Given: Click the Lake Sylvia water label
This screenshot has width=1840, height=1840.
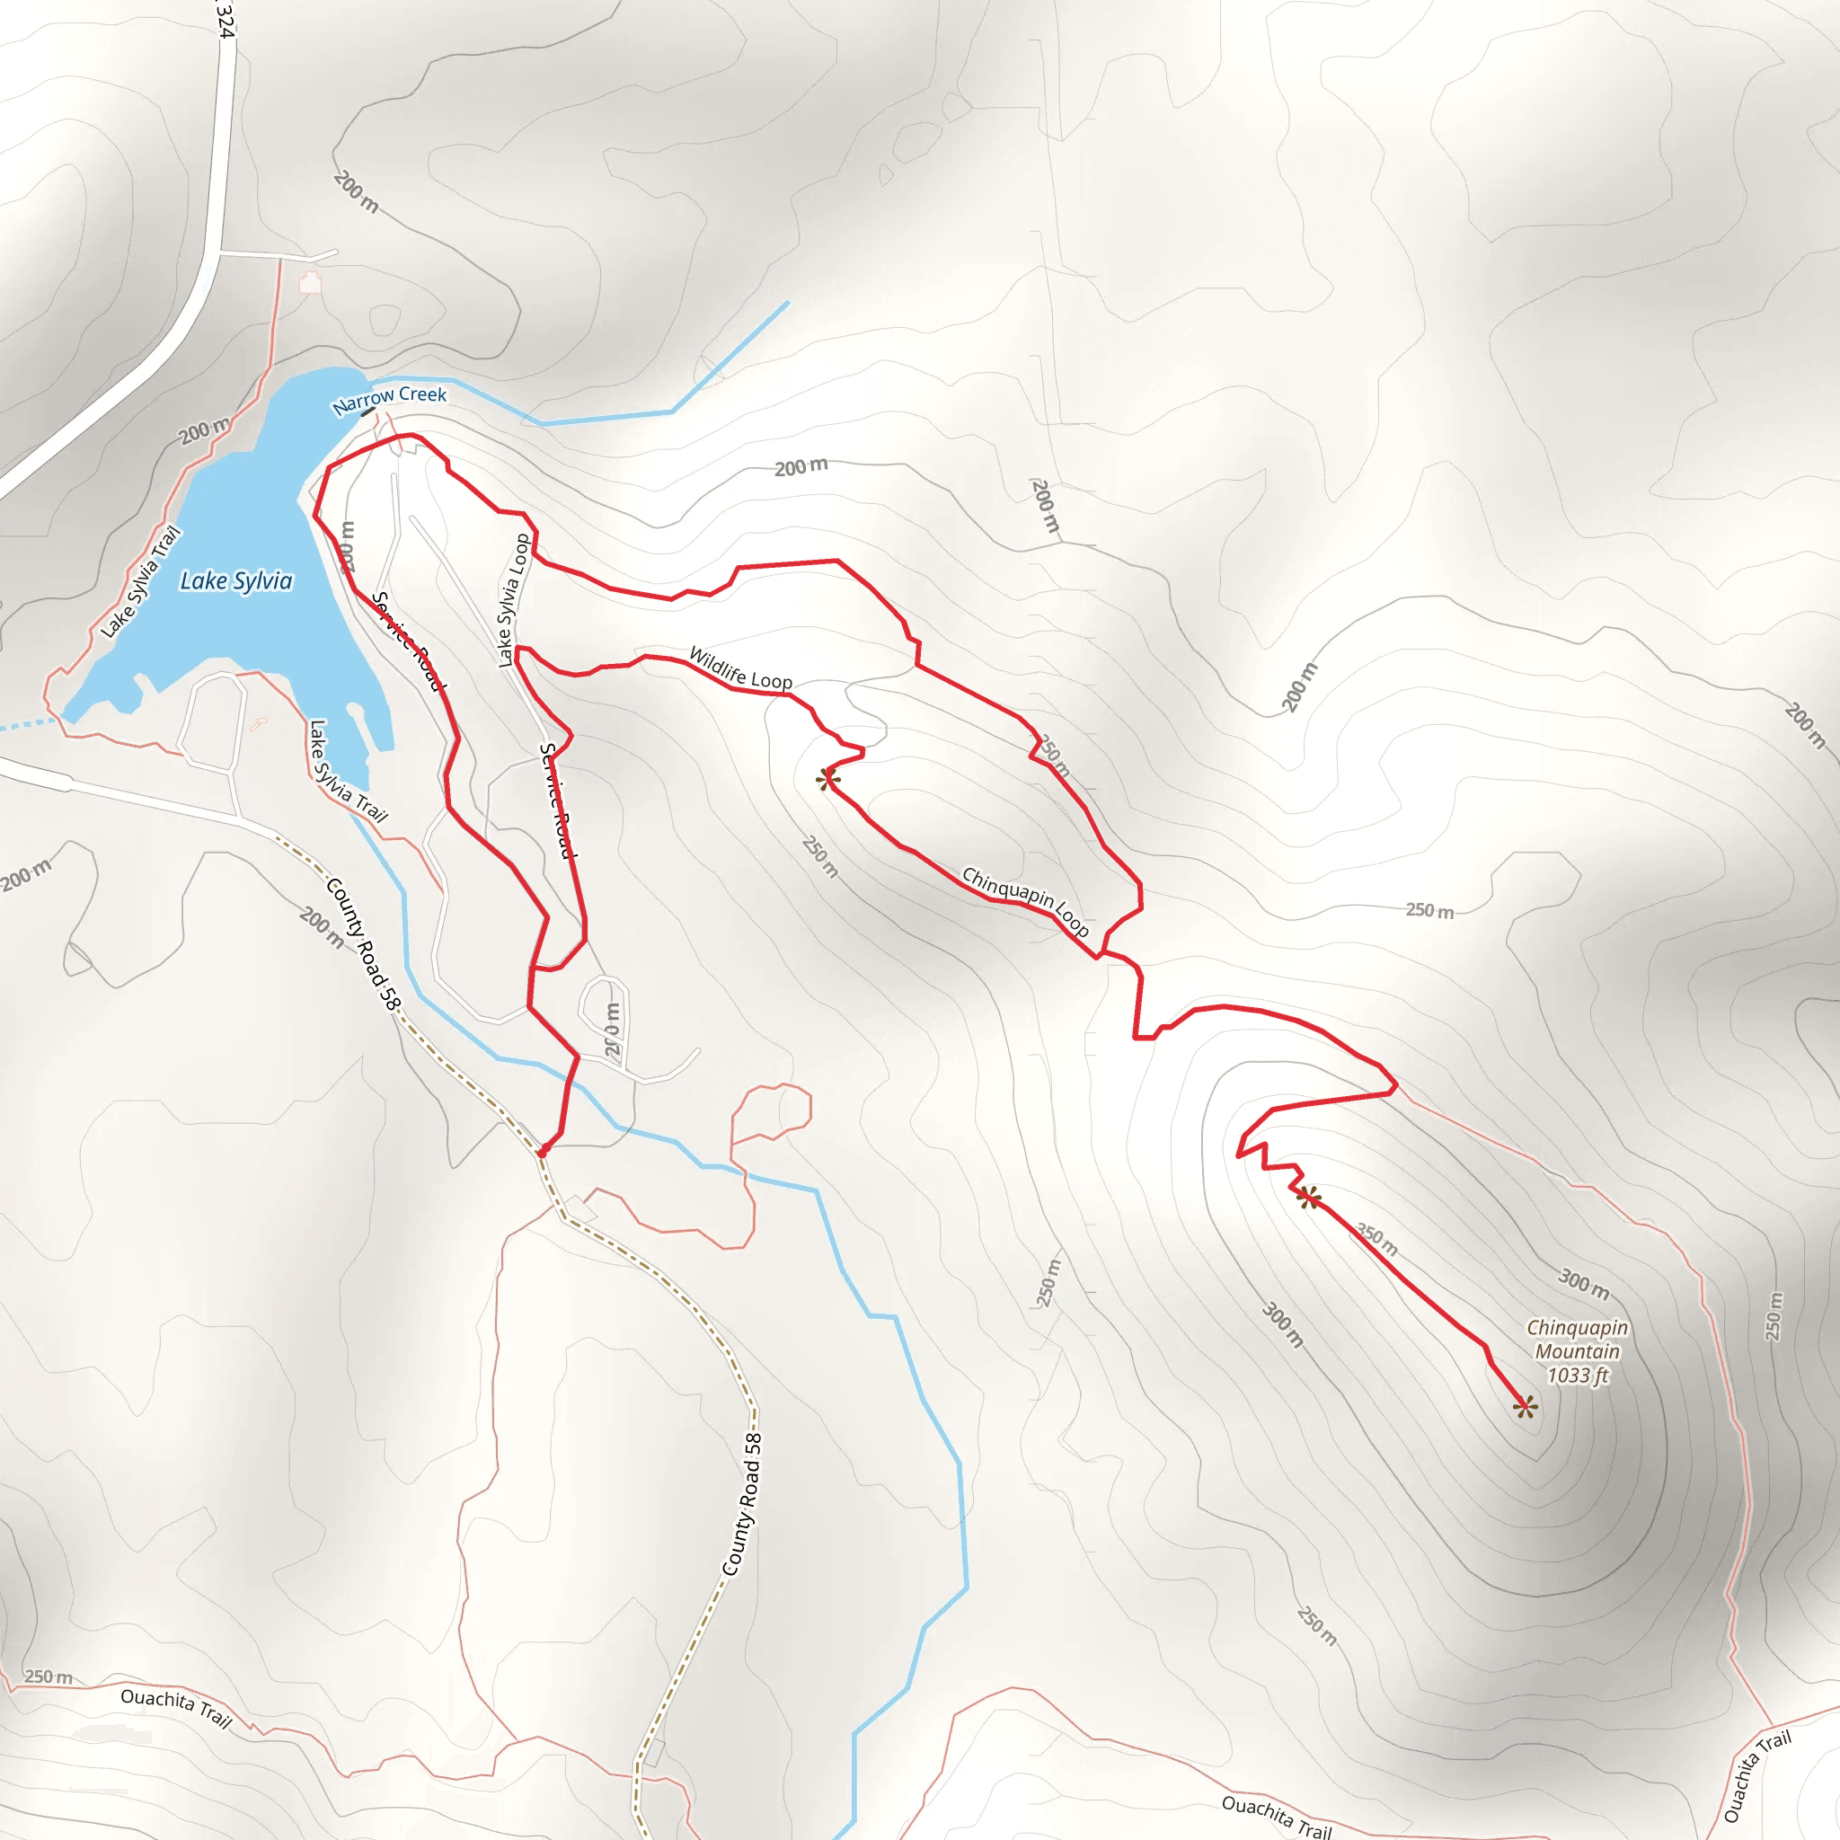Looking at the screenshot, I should (x=236, y=581).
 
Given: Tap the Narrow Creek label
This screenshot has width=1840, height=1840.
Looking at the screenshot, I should (x=390, y=400).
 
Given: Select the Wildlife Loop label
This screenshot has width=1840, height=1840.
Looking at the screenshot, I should (x=740, y=668).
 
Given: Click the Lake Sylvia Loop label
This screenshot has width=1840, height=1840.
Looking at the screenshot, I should (x=513, y=600).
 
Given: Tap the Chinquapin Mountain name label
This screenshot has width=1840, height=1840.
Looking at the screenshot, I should (x=1576, y=1339).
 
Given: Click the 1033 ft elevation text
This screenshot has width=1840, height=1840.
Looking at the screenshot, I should (x=1577, y=1376).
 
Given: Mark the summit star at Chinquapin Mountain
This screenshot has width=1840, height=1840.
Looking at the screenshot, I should (x=1525, y=1406).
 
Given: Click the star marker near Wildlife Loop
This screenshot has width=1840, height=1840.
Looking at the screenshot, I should (x=827, y=779).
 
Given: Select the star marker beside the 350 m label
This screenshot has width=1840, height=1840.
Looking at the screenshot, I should (x=1310, y=1197).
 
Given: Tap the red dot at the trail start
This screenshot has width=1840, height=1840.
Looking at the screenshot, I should (x=542, y=1153).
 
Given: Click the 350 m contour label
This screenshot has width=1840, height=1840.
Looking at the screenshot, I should (x=1377, y=1240).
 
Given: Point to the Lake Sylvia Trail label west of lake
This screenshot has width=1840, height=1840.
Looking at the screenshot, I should (x=141, y=581).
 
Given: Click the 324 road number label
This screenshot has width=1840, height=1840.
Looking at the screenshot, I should (x=224, y=19).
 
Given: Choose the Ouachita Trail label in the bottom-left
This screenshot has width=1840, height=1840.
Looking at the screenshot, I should (x=176, y=1708).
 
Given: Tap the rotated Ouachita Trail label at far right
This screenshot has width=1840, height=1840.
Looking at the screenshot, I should (x=1757, y=1775).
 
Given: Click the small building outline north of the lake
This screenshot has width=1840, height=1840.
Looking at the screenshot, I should (x=311, y=283).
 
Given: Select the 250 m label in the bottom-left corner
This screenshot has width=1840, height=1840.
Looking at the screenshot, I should (x=48, y=1676).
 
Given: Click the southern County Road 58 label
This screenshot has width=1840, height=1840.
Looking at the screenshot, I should (x=743, y=1505).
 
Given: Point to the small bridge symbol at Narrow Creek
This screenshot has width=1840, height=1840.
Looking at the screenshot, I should (x=367, y=411).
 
